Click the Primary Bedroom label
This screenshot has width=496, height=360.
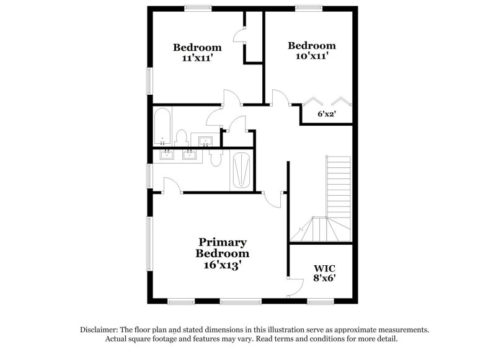[223, 248]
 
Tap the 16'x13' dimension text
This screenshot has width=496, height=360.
[223, 265]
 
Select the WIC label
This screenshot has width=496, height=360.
[324, 268]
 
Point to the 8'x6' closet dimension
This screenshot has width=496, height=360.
[324, 279]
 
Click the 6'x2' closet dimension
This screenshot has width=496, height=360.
[326, 114]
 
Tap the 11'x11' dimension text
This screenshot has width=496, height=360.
[197, 58]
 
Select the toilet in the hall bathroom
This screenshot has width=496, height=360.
[182, 137]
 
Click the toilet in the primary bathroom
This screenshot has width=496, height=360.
[215, 159]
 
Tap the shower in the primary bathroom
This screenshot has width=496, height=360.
[241, 170]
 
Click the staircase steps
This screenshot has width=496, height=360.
[338, 186]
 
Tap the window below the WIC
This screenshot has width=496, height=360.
[321, 302]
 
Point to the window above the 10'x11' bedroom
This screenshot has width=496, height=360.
[308, 8]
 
